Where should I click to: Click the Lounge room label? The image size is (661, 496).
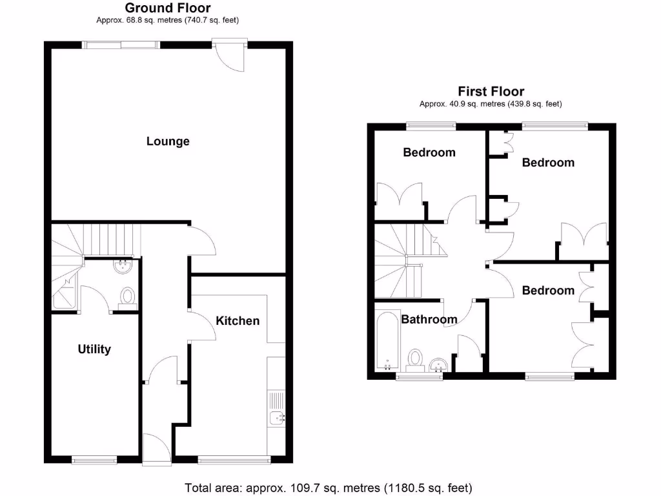click(168, 141)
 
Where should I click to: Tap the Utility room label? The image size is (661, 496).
click(94, 349)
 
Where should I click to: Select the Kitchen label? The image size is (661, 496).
click(238, 320)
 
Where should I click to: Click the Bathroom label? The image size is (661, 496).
click(429, 319)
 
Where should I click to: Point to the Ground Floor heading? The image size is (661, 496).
click(168, 8)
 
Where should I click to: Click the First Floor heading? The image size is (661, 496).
click(491, 92)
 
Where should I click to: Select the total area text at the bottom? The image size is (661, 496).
click(329, 487)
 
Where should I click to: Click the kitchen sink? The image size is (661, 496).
click(278, 417)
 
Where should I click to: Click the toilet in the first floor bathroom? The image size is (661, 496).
click(415, 359)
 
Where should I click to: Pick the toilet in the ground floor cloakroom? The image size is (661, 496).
click(128, 297)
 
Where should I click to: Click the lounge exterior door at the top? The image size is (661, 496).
click(230, 55)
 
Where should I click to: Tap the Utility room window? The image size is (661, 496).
click(94, 460)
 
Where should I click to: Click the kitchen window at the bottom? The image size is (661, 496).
click(234, 460)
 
